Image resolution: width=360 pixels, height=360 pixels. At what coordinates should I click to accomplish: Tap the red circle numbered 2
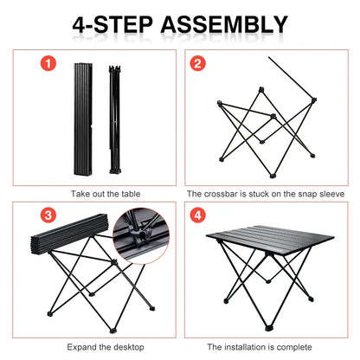pos(197,63)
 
